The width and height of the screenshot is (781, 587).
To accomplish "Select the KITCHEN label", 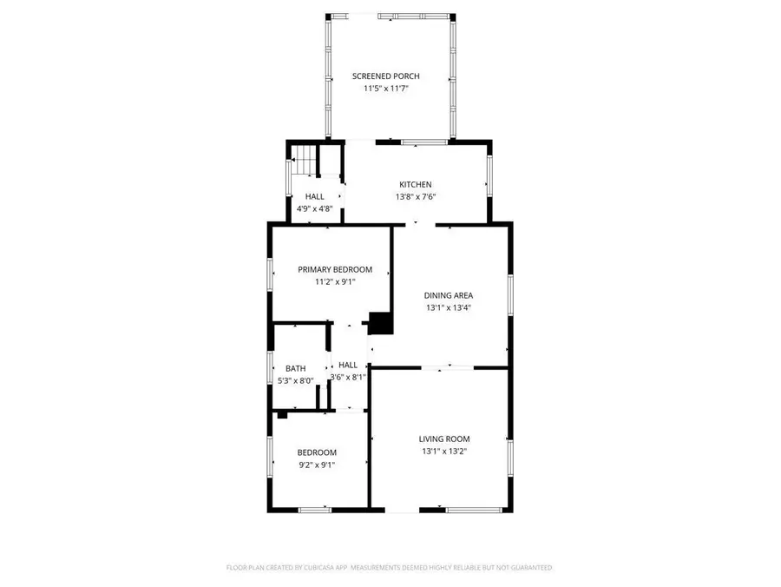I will [415, 184].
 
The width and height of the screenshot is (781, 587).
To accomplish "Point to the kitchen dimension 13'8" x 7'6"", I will [415, 196].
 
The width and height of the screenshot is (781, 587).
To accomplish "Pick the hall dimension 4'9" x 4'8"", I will [314, 208].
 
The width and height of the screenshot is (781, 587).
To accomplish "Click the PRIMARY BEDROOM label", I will [335, 269].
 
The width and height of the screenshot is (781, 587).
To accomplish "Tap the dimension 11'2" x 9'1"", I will [335, 281].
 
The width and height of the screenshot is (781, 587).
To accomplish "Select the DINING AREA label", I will [449, 295].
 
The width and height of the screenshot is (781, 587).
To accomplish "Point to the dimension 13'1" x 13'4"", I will [449, 307].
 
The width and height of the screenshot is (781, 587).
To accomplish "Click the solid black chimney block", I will [380, 323].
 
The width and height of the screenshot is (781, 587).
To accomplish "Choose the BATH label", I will [295, 368].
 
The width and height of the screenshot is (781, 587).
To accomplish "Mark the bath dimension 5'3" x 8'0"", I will [295, 380].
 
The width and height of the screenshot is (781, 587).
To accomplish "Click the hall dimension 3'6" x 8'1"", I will [348, 377].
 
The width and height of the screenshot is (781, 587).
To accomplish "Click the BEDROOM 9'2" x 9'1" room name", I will [317, 452].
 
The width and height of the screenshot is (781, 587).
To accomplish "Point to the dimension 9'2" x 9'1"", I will [317, 465].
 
